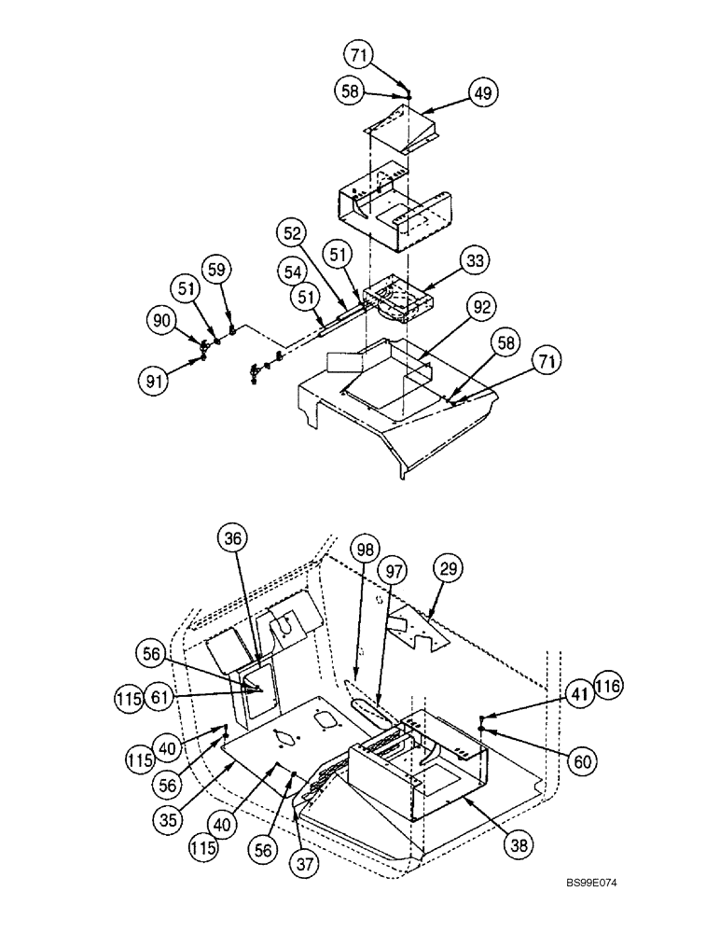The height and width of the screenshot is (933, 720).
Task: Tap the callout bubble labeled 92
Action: [483, 307]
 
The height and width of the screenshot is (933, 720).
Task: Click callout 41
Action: [578, 692]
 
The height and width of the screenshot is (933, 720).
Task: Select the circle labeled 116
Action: [607, 687]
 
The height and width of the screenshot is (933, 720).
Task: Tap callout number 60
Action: [583, 762]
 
